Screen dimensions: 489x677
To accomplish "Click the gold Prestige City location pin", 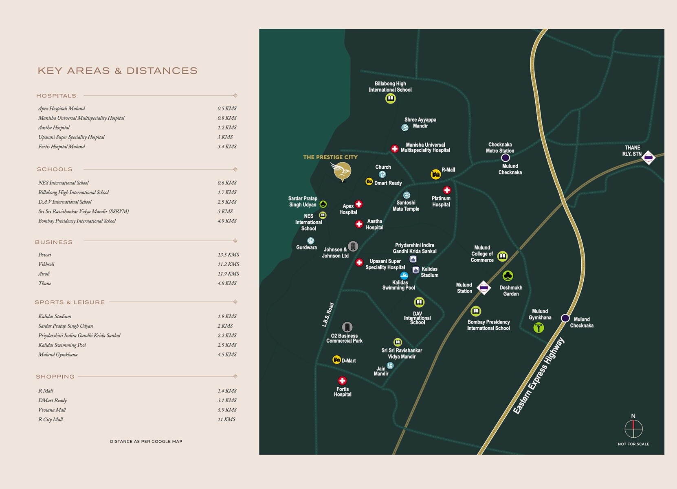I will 342,171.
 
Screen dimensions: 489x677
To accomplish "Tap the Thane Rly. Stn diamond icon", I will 648,157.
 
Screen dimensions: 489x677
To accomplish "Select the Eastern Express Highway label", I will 539,376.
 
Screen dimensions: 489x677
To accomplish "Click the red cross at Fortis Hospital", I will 342,381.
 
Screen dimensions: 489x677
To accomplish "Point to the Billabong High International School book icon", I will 390,98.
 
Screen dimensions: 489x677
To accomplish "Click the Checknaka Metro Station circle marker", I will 505,158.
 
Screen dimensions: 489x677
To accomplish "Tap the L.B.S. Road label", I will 328,315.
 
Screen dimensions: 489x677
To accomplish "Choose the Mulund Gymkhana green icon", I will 539,327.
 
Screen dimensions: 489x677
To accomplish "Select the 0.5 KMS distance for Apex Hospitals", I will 227,108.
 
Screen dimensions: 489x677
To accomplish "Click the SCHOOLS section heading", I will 55,169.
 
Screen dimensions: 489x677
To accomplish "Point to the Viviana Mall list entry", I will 52,410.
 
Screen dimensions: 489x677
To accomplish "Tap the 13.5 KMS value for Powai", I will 228,255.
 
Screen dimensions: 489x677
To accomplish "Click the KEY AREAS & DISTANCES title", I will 117,71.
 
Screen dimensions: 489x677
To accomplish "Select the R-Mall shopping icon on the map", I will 435,174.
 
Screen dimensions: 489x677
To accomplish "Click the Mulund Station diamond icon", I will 484,288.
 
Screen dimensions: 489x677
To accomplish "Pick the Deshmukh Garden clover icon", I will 508,276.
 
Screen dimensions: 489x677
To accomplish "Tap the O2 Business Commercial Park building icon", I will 347,327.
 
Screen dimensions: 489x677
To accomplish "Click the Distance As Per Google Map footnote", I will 146,441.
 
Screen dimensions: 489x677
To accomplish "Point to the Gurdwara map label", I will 306,247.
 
